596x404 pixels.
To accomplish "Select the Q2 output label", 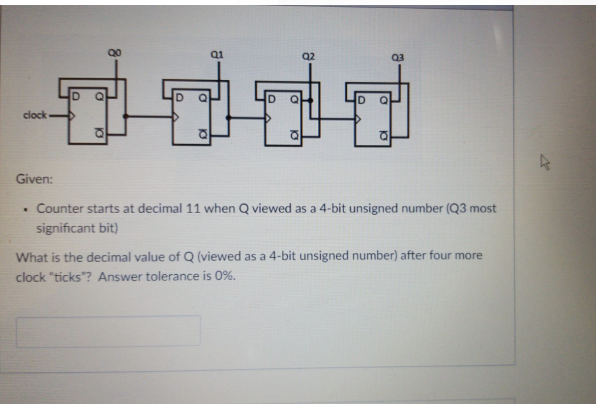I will click(x=308, y=55).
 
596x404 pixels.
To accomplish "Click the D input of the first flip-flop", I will click(x=76, y=95).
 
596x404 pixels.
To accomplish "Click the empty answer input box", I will click(x=108, y=331).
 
